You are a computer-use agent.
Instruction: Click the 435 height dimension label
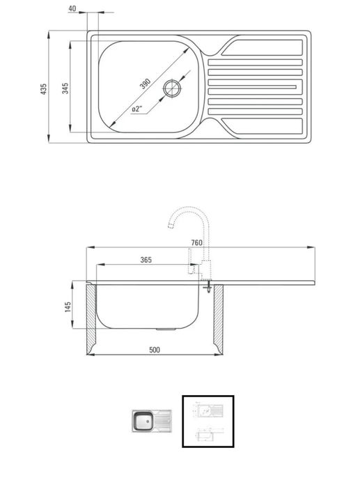click(44, 88)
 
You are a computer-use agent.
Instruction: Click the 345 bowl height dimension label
click(65, 88)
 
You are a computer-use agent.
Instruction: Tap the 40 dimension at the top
click(72, 8)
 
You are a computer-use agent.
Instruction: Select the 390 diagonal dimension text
click(145, 84)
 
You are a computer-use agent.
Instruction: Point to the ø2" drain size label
click(136, 109)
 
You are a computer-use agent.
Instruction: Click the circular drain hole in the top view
click(172, 88)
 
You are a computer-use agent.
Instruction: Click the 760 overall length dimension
click(196, 242)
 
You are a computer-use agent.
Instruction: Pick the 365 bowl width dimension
click(146, 260)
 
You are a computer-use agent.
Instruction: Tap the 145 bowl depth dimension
click(68, 307)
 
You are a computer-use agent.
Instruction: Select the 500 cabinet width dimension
click(155, 350)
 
